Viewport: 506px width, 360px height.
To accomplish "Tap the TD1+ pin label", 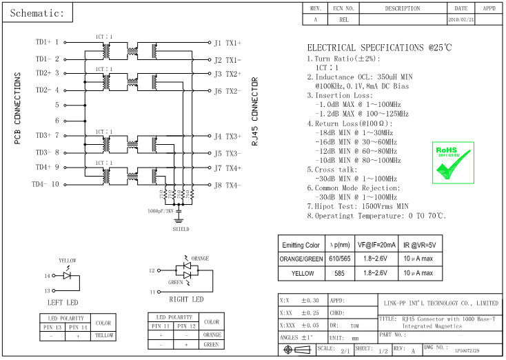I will (x=43, y=41).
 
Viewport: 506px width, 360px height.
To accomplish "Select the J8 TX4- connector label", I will (x=227, y=185).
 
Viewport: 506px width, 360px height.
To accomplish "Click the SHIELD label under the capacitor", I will (x=181, y=229).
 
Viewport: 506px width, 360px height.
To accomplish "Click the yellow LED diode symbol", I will (x=67, y=275).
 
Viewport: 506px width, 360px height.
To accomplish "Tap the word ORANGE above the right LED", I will (x=199, y=258).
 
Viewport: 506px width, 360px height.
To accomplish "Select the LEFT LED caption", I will (x=63, y=302).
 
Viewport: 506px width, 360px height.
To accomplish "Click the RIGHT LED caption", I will (x=186, y=299).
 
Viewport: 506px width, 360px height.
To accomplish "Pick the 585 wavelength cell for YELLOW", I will (x=338, y=274).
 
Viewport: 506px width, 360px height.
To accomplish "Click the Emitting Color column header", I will (x=302, y=245).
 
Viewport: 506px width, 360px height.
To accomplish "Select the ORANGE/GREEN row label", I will (x=302, y=259).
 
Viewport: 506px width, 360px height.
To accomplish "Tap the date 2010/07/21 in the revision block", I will (x=461, y=20).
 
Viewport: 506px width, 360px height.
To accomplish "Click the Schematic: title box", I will (x=38, y=14).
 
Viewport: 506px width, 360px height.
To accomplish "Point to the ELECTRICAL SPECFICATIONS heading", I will (x=379, y=48).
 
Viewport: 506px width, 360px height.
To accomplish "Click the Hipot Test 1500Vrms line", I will (x=358, y=206).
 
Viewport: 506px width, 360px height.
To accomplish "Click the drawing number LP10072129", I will (x=468, y=351).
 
